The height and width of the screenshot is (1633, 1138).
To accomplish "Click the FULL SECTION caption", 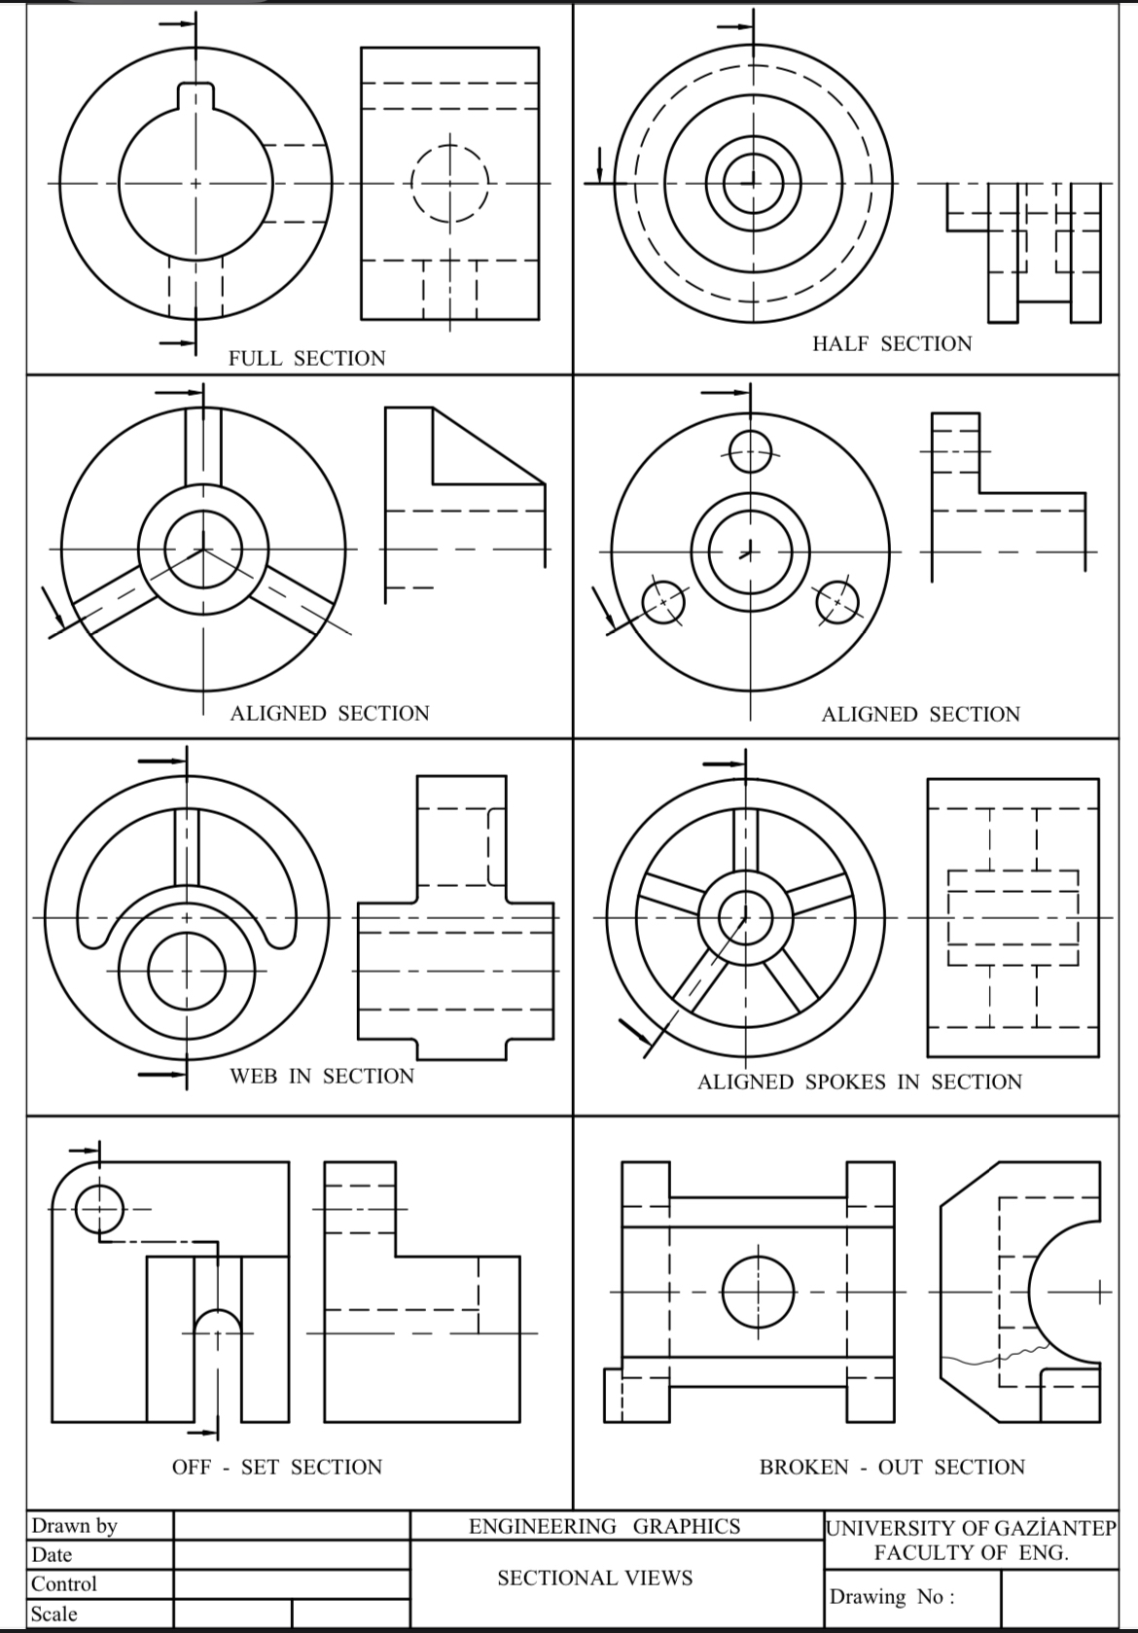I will pyautogui.click(x=306, y=358).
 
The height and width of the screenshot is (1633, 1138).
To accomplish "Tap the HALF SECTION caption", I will pyautogui.click(x=891, y=343).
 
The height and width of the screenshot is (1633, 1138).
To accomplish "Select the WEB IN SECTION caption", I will pyautogui.click(x=321, y=1076).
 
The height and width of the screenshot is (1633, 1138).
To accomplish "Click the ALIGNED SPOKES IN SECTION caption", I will pyautogui.click(x=859, y=1082).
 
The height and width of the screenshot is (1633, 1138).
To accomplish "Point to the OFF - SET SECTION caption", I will pyautogui.click(x=277, y=1467).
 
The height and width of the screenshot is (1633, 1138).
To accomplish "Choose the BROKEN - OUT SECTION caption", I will pyautogui.click(x=891, y=1467).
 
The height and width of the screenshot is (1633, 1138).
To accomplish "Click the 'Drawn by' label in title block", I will pyautogui.click(x=74, y=1525).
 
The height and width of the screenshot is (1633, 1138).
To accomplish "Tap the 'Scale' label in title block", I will pyautogui.click(x=54, y=1614).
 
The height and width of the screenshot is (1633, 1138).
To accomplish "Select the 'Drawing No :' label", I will pyautogui.click(x=891, y=1596).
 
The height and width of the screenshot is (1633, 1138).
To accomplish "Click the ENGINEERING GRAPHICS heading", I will pyautogui.click(x=604, y=1526).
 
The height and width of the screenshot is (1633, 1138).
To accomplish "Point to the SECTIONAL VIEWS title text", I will pyautogui.click(x=594, y=1578).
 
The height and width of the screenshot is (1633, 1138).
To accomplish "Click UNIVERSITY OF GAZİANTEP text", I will pyautogui.click(x=970, y=1528).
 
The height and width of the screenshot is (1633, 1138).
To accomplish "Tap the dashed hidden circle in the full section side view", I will pyautogui.click(x=448, y=184).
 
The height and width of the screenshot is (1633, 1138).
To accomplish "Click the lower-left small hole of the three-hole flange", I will pyautogui.click(x=663, y=603).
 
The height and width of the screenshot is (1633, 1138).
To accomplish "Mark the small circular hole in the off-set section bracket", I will pyautogui.click(x=98, y=1209).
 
